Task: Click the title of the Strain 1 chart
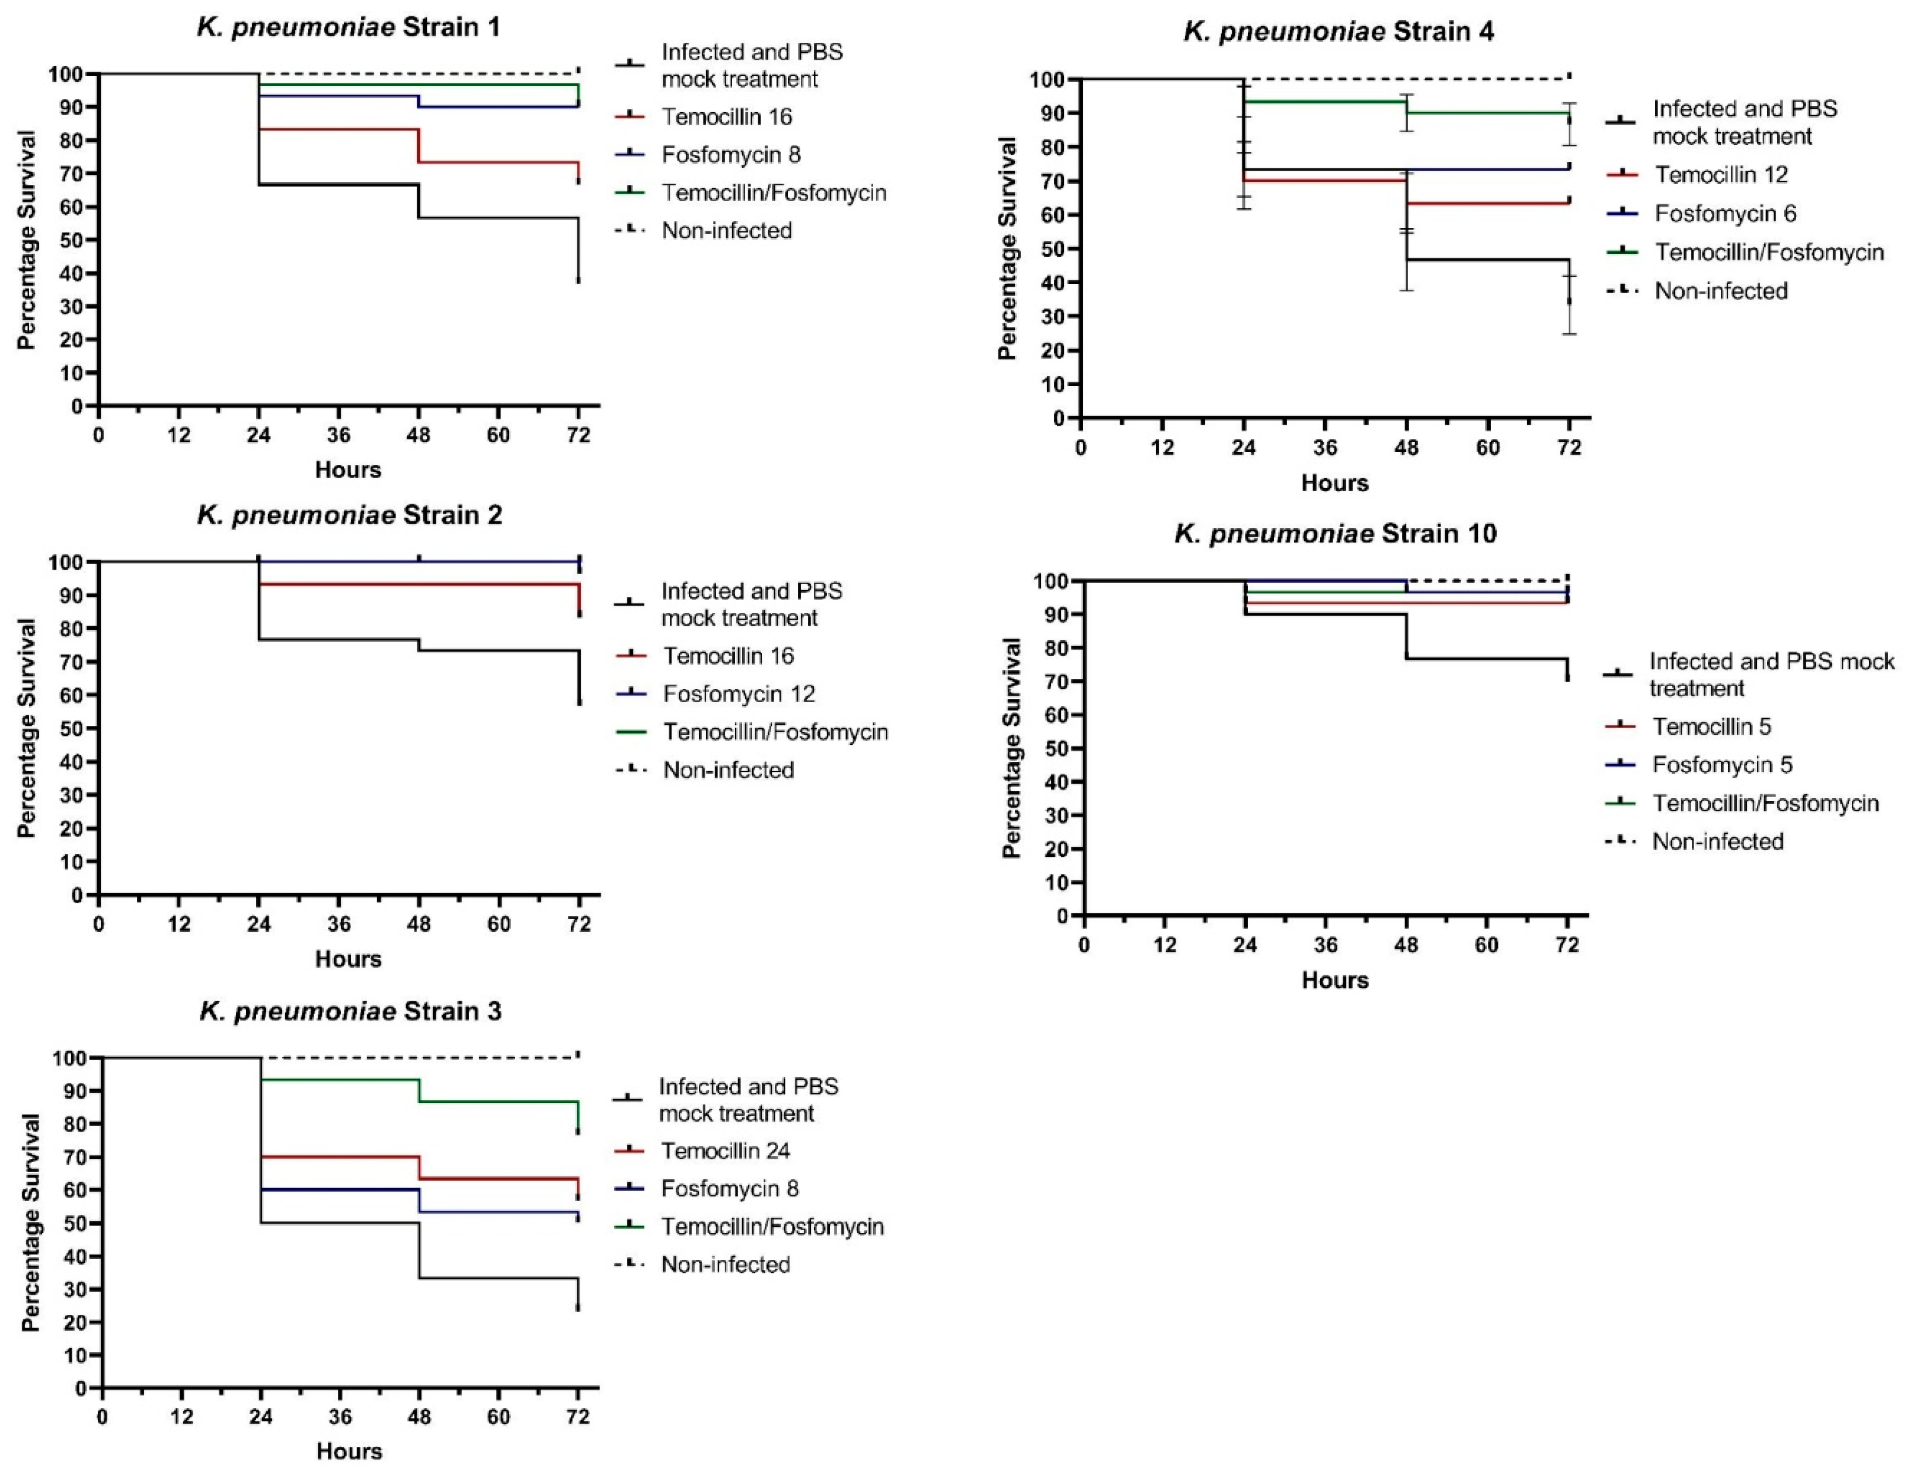[x=348, y=27]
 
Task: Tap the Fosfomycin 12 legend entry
[x=738, y=694]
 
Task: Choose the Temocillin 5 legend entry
[x=1711, y=726]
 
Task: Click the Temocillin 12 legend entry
[x=1720, y=175]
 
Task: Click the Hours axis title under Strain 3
[x=349, y=1451]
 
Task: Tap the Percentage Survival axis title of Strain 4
[x=1007, y=248]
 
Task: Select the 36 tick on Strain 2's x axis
[x=339, y=924]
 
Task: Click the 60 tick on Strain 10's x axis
[x=1487, y=945]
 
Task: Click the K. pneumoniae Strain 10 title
[x=1335, y=533]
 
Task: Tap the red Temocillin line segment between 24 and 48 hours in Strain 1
[x=339, y=129]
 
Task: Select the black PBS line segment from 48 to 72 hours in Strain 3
[x=499, y=1278]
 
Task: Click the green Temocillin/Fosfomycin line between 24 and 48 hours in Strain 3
[x=340, y=1080]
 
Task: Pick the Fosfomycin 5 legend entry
[x=1721, y=765]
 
